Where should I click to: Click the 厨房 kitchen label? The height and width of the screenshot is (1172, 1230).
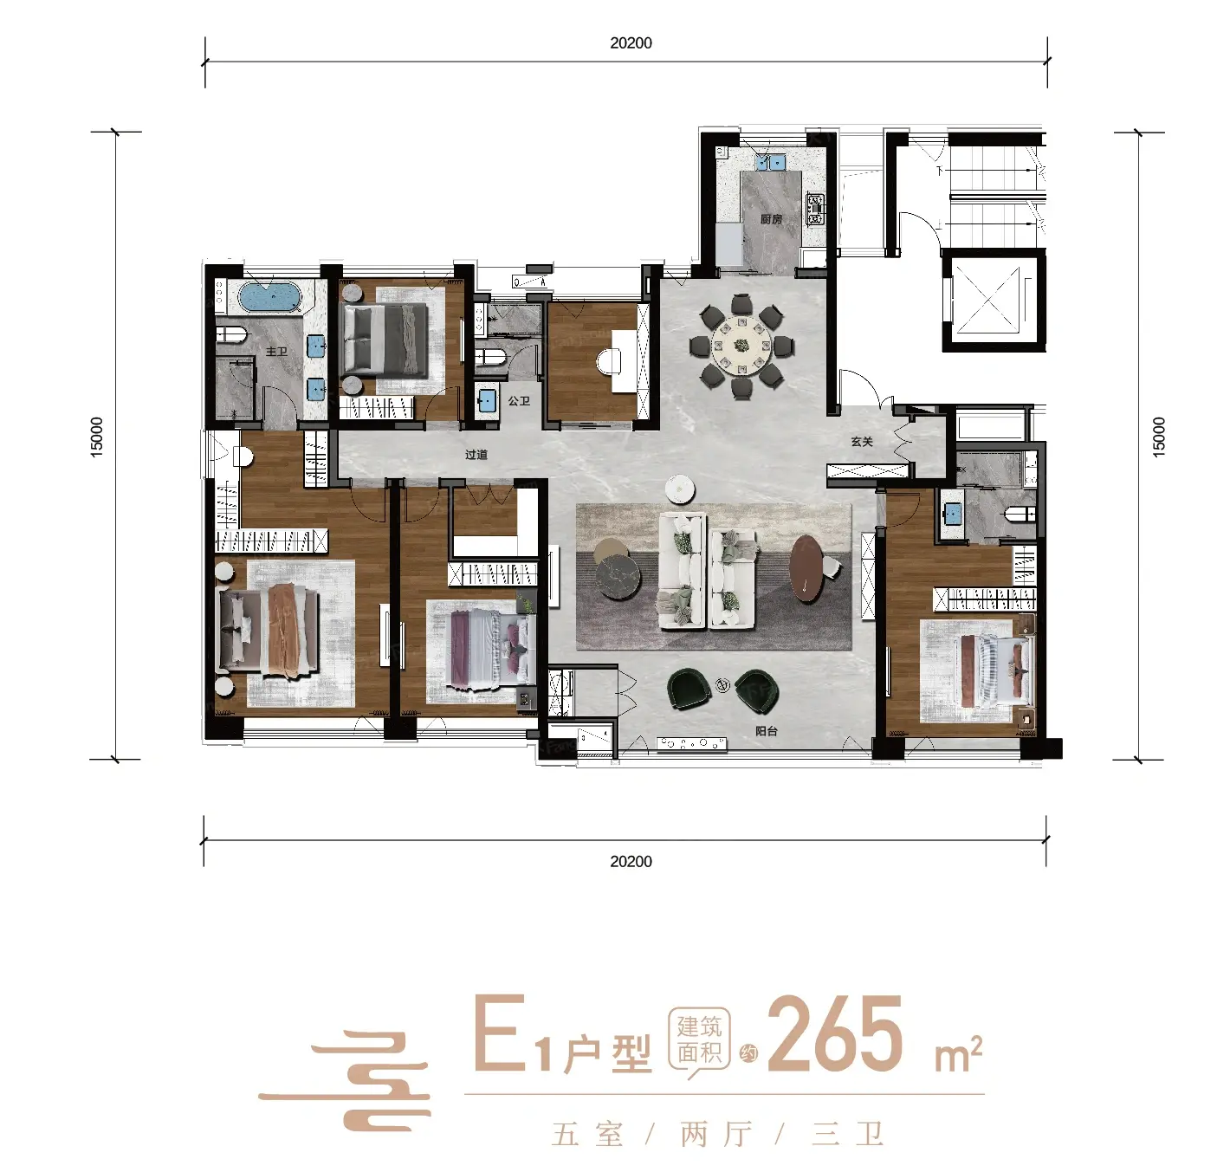pos(771,219)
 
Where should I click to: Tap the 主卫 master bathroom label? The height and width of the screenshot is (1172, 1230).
pos(276,352)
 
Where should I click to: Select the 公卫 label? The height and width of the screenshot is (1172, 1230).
pos(519,400)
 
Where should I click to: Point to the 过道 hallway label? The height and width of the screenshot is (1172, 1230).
pos(476,455)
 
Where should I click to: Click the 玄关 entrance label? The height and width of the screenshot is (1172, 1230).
pos(862,442)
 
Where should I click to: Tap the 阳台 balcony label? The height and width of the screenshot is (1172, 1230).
pos(766,731)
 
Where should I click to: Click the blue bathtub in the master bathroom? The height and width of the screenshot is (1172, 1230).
pos(271,297)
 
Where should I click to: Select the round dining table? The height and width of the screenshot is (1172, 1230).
pos(742,346)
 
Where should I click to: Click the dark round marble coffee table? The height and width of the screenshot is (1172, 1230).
pos(620,577)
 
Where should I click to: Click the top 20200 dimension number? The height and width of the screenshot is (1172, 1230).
pos(631,43)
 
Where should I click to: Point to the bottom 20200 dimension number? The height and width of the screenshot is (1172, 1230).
pos(631,862)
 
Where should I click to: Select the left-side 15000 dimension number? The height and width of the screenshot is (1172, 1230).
pos(96,437)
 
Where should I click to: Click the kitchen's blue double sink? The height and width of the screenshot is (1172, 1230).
pos(770,162)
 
